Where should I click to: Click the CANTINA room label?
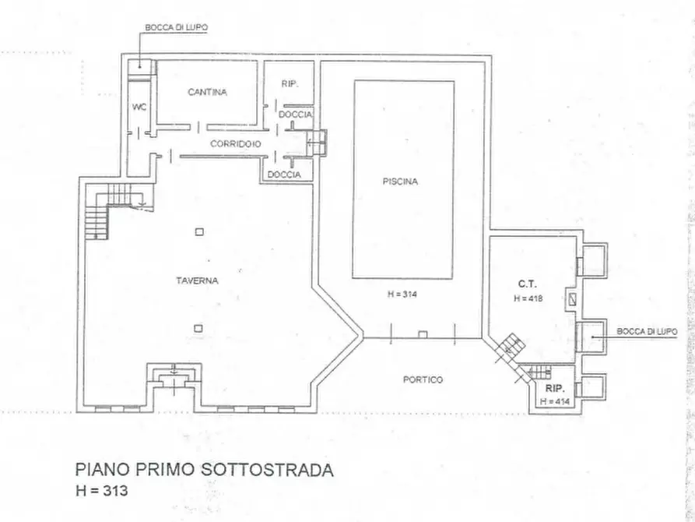(207, 92)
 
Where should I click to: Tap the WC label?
(139, 107)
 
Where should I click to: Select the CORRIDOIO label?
(234, 145)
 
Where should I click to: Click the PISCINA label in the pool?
(400, 182)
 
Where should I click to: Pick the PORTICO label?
(423, 379)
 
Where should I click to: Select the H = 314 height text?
(402, 294)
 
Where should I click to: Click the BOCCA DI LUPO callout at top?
(176, 26)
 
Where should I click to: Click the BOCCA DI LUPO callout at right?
(647, 331)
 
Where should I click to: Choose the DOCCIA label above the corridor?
(296, 115)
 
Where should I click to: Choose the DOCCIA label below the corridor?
(284, 175)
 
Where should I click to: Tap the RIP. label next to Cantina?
(290, 83)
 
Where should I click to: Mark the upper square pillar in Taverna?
(199, 231)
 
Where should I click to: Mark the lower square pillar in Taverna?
(199, 328)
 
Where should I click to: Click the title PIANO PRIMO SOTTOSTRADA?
(205, 470)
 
